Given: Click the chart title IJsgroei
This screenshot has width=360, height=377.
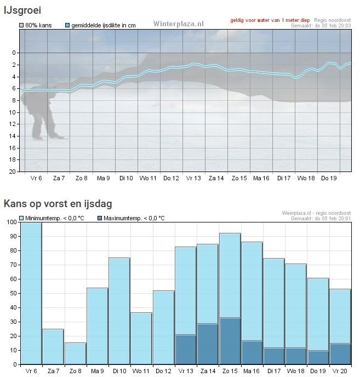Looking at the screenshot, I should pyautogui.click(x=22, y=9).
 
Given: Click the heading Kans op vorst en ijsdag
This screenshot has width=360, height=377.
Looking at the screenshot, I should pyautogui.click(x=58, y=204).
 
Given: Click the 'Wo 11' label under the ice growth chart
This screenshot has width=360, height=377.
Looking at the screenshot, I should pyautogui.click(x=148, y=178).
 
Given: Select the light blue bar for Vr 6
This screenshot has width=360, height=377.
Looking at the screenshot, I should pyautogui.click(x=31, y=293).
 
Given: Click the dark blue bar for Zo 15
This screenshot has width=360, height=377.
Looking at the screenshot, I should pyautogui.click(x=230, y=341).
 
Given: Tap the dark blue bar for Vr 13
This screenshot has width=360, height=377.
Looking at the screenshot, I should pyautogui.click(x=186, y=349).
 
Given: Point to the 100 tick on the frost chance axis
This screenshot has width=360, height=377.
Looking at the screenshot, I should pyautogui.click(x=11, y=222).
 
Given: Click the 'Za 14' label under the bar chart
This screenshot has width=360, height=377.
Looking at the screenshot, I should pyautogui.click(x=208, y=372).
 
